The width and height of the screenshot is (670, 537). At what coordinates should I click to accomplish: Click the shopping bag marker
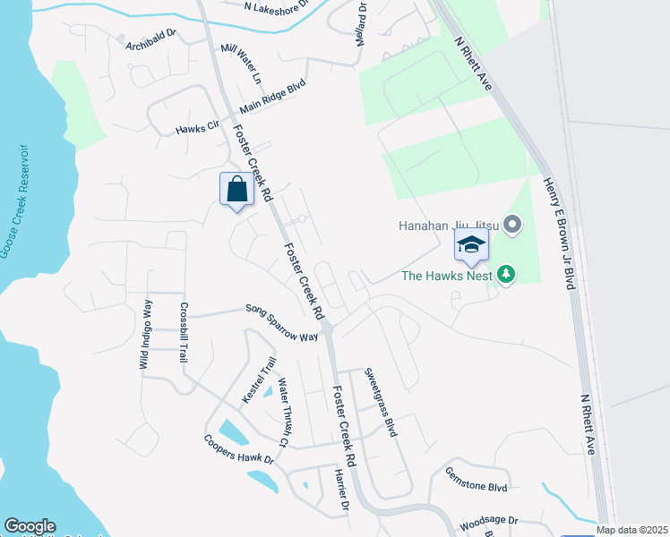(x=236, y=190)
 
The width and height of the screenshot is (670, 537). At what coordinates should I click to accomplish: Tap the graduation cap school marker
(x=471, y=244)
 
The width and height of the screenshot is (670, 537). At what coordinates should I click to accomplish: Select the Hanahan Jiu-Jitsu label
(x=448, y=226)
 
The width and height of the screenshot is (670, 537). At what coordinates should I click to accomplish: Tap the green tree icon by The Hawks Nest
(x=506, y=274)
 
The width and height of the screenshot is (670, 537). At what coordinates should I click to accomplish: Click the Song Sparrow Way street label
(x=282, y=323)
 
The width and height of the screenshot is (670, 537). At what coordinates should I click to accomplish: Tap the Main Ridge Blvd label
(x=272, y=98)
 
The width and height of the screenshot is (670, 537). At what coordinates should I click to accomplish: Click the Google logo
(x=29, y=526)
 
